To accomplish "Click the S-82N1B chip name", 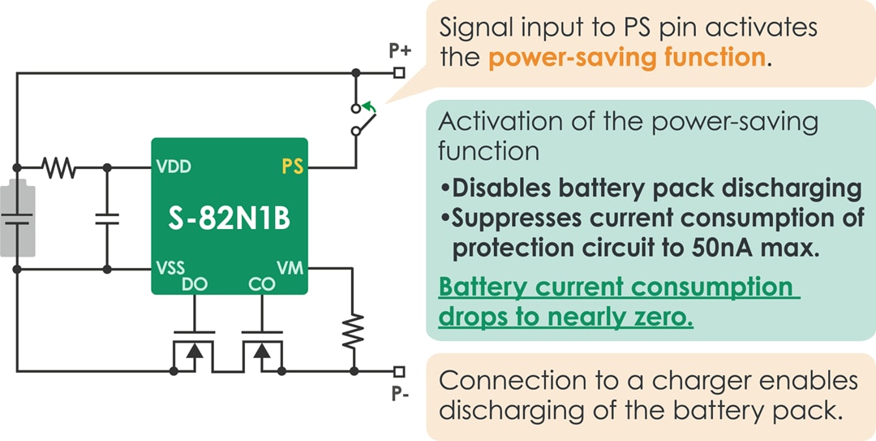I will pos(229,219).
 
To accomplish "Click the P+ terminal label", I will pos(400,51).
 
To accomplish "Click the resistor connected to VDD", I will pos(59,168).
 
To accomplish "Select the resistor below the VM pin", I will pos(353,331).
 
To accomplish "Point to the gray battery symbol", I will pos(18,218).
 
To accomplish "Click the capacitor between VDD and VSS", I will pos(106,218).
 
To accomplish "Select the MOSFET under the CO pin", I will pos(262,351).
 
